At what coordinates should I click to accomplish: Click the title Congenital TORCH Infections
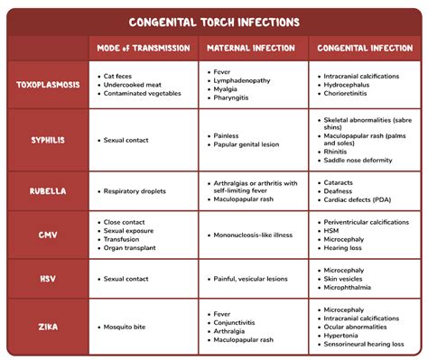[x=214, y=22]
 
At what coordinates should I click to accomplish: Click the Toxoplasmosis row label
[x=47, y=85]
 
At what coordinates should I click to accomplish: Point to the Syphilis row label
[x=47, y=141]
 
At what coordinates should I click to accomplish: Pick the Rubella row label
[x=47, y=191]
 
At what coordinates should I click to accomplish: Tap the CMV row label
[x=47, y=236]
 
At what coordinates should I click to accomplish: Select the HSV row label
[x=47, y=280]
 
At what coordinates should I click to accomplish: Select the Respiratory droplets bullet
[x=142, y=191]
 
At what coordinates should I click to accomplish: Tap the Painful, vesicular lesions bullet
[x=256, y=280]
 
